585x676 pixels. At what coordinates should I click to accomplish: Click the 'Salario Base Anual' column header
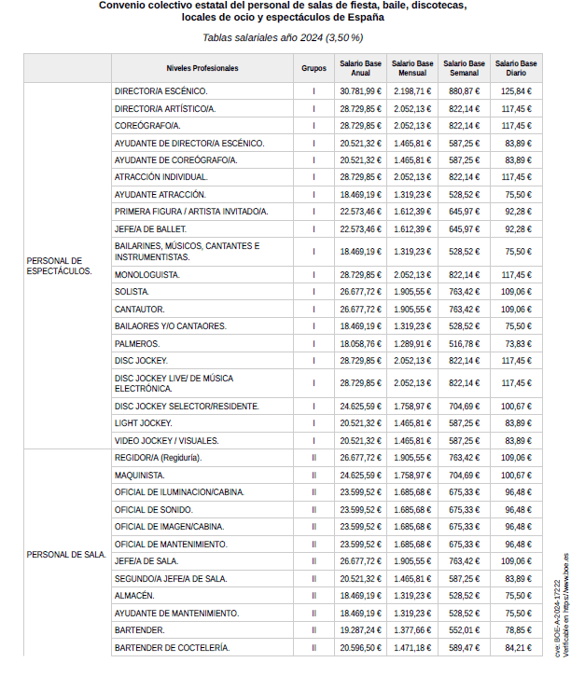[360, 68]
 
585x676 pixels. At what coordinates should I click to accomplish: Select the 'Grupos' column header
[313, 68]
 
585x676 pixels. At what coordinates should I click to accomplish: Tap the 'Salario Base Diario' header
[516, 68]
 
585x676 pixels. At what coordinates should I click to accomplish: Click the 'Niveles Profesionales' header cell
[202, 68]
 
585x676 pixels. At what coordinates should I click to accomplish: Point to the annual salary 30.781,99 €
[360, 91]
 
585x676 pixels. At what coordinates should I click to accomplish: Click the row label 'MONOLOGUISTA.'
[146, 275]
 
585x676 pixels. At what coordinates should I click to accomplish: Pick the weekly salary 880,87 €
[464, 91]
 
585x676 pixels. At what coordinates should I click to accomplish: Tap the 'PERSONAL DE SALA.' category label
[66, 555]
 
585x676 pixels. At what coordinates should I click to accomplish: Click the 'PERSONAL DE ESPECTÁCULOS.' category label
[60, 266]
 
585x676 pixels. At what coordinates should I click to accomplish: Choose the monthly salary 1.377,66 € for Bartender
[411, 630]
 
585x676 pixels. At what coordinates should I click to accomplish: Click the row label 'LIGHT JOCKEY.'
[143, 422]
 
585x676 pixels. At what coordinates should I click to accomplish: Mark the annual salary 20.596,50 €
[360, 647]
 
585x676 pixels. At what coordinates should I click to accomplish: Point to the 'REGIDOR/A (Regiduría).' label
[158, 458]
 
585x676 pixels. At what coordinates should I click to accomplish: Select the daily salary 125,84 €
[516, 91]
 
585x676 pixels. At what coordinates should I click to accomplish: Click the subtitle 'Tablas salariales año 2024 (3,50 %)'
[283, 37]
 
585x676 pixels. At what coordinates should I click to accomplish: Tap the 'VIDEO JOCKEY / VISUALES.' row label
[166, 440]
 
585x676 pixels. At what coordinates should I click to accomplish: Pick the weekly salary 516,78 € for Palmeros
[464, 343]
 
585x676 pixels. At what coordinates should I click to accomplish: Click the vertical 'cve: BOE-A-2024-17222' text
[557, 611]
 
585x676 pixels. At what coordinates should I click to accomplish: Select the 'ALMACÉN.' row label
[134, 596]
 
